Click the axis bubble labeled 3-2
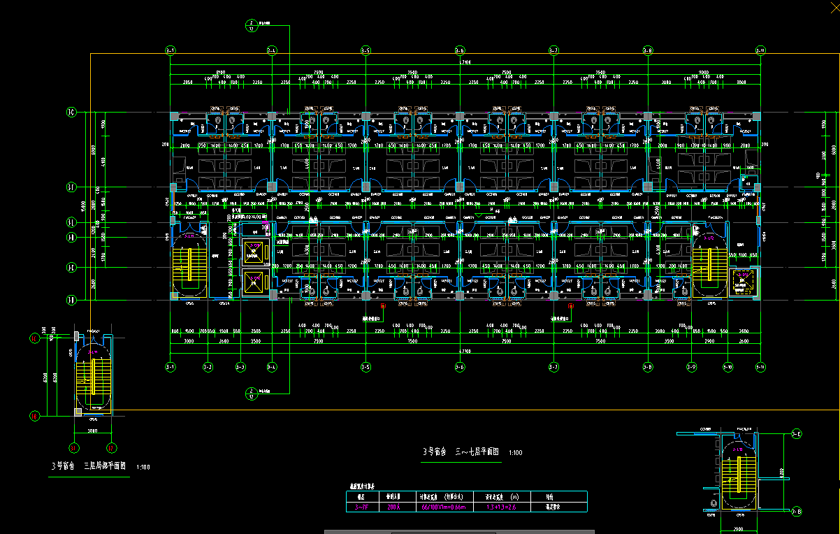[x=208, y=366]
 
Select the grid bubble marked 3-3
[x=240, y=366]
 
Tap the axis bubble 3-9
[x=691, y=366]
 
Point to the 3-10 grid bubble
[x=727, y=366]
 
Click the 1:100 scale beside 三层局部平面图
[x=143, y=466]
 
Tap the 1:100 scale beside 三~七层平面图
[x=515, y=453]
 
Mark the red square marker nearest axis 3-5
[x=382, y=306]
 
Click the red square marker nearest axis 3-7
[x=570, y=306]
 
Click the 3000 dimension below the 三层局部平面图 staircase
[x=92, y=431]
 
